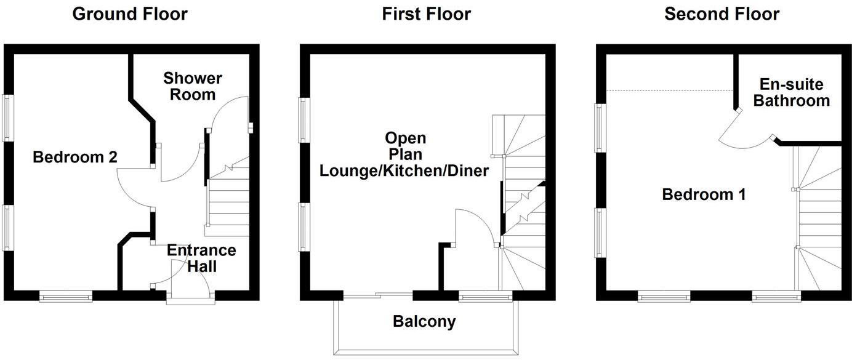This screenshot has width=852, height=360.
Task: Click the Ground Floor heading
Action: click(x=130, y=14)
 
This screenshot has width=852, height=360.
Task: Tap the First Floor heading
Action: click(x=426, y=14)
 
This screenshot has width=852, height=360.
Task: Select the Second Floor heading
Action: click(x=721, y=14)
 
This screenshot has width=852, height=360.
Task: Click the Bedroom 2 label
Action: click(x=75, y=158)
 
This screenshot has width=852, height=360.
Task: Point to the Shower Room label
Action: click(x=193, y=87)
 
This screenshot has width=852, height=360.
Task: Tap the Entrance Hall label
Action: click(x=201, y=258)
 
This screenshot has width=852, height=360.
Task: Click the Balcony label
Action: click(x=425, y=321)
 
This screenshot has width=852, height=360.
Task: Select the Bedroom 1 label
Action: click(x=704, y=195)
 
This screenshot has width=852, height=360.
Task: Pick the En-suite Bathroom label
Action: click(x=791, y=92)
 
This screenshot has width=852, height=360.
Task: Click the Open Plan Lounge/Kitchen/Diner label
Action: click(x=404, y=154)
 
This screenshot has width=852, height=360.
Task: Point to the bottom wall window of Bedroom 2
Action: click(x=66, y=297)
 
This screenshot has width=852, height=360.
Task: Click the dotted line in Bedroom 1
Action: click(x=671, y=90)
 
